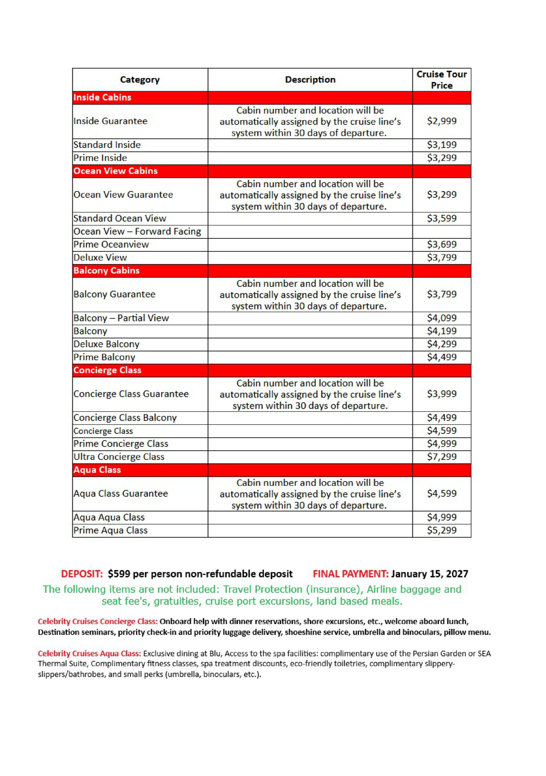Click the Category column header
pyautogui.click(x=140, y=80)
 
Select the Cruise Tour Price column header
pyautogui.click(x=441, y=80)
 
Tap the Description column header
pyautogui.click(x=310, y=80)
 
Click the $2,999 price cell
pyautogui.click(x=442, y=121)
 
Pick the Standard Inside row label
pyautogui.click(x=107, y=145)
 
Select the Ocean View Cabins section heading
pyautogui.click(x=115, y=171)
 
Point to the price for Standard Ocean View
pyautogui.click(x=442, y=218)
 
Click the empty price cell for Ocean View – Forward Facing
pyautogui.click(x=442, y=231)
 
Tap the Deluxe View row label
pyautogui.click(x=100, y=258)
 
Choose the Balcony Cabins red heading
pyautogui.click(x=107, y=271)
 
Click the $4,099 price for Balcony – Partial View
pyautogui.click(x=442, y=318)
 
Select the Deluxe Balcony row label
pyautogui.click(x=107, y=344)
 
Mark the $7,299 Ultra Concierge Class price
pyautogui.click(x=442, y=456)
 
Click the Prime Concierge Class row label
pyautogui.click(x=121, y=443)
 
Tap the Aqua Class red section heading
pyautogui.click(x=97, y=470)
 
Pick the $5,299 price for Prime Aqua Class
pyautogui.click(x=442, y=530)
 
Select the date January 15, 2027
pyautogui.click(x=429, y=574)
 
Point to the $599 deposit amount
pyautogui.click(x=119, y=574)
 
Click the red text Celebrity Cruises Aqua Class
pyautogui.click(x=89, y=653)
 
